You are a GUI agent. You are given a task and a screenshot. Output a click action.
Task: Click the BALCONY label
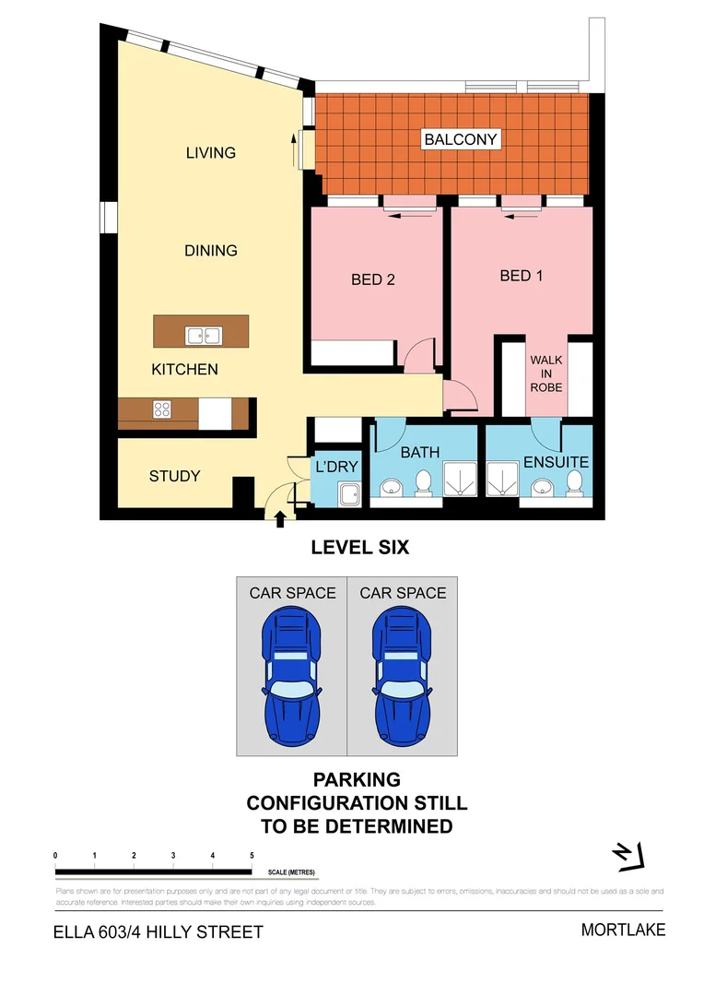461,140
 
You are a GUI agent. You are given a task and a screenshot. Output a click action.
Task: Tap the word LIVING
211,152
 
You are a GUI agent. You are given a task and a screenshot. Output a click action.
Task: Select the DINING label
211,250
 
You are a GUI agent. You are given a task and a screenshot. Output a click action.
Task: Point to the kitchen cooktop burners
161,409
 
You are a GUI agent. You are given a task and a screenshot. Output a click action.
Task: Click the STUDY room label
175,476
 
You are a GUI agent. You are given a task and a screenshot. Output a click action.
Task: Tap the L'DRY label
336,468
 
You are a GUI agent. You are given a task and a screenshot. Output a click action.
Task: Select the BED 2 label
373,279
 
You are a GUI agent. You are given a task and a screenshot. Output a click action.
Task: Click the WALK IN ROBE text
546,373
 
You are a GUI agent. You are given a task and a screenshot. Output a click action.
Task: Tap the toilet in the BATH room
424,482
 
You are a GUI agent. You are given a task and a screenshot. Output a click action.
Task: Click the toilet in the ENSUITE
574,482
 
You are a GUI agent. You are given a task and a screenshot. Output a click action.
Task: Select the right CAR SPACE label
403,593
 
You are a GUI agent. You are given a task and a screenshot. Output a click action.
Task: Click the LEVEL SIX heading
359,548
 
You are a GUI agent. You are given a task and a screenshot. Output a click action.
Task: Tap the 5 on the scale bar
252,856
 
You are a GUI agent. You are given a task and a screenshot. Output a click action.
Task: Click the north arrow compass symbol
629,856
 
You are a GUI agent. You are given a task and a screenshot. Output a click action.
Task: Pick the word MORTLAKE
623,930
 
